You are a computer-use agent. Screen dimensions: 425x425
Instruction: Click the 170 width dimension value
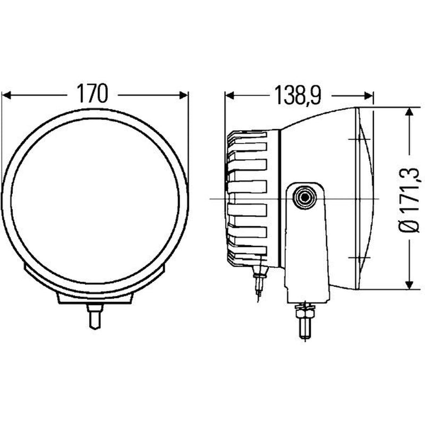pyautogui.click(x=92, y=93)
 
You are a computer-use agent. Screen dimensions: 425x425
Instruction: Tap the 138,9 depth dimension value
pyautogui.click(x=297, y=95)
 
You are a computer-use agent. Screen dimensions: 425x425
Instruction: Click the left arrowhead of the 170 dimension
pyautogui.click(x=6, y=95)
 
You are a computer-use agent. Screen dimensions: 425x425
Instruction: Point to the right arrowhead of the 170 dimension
pyautogui.click(x=183, y=95)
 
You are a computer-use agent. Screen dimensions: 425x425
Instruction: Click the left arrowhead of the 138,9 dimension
pyautogui.click(x=229, y=96)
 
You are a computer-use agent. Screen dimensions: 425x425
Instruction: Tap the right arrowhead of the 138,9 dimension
pyautogui.click(x=369, y=96)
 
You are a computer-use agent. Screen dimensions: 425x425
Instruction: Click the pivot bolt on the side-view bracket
pyautogui.click(x=305, y=197)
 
